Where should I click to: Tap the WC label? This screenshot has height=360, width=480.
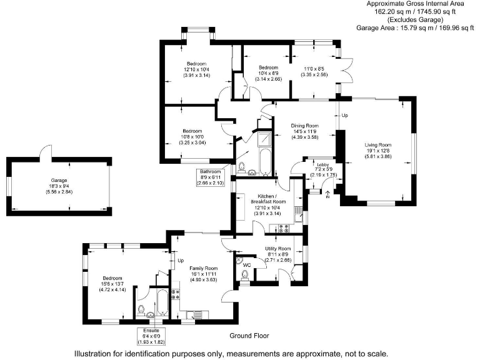pyautogui.click(x=246, y=264)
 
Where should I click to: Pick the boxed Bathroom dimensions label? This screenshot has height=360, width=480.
pyautogui.click(x=211, y=177)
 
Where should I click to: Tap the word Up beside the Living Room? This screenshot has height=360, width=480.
pyautogui.click(x=345, y=116)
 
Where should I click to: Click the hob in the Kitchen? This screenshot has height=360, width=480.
pyautogui.click(x=278, y=228)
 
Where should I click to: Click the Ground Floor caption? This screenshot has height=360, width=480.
pyautogui.click(x=249, y=336)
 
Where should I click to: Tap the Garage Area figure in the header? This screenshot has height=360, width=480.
pyautogui.click(x=414, y=27)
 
